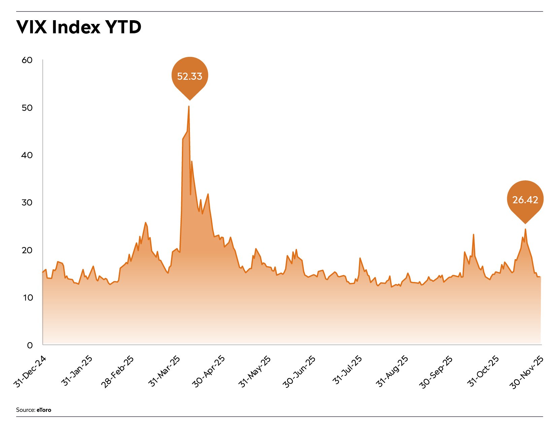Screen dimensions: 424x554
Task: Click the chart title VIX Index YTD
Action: [x=78, y=27]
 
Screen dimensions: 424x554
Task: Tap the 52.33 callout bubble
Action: [x=190, y=76]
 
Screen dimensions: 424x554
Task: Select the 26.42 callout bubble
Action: [x=525, y=200]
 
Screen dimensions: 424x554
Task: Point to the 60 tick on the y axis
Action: [x=27, y=60]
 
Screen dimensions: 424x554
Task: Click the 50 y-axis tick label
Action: [x=27, y=108]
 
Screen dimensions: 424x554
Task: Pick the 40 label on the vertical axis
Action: [x=27, y=155]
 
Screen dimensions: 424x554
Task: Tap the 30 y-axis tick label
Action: [x=27, y=203]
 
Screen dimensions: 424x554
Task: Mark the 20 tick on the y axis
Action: [x=27, y=250]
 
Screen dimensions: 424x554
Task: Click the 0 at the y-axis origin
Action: [x=30, y=345]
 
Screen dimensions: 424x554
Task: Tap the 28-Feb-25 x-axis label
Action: [x=118, y=372]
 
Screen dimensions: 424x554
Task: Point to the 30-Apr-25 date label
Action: [x=209, y=372]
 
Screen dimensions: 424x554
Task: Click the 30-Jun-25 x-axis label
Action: [x=300, y=372]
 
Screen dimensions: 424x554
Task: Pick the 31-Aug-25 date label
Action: [x=392, y=372]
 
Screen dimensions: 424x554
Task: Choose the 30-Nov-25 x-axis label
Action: [x=527, y=372]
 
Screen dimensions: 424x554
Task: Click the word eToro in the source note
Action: [x=44, y=410]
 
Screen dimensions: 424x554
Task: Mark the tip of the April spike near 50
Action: [x=189, y=106]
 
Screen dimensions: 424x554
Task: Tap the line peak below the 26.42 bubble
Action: [x=525, y=229]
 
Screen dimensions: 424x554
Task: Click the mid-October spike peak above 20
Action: [x=474, y=235]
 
